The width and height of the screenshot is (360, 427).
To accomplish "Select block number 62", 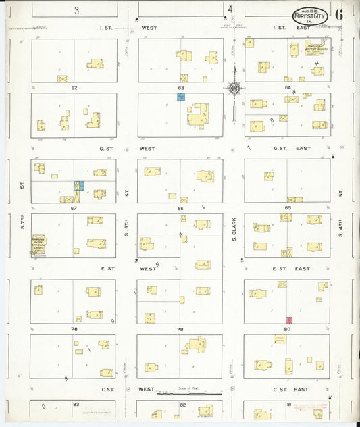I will click(74, 88).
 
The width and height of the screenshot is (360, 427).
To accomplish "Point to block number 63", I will click(181, 88).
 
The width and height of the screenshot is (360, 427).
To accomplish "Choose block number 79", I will click(180, 329).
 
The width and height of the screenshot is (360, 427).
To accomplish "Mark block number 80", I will click(288, 329).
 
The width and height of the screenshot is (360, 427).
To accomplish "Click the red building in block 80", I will click(290, 319).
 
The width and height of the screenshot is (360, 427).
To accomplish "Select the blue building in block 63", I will click(181, 97).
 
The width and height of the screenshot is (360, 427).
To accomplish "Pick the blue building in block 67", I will click(79, 185).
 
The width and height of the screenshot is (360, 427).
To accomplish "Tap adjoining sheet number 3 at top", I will click(78, 9).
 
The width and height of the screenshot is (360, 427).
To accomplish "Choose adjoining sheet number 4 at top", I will click(231, 9).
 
